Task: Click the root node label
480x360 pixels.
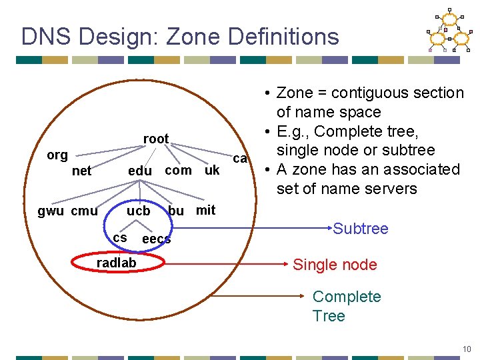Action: click(x=156, y=139)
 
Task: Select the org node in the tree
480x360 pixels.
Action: click(x=57, y=155)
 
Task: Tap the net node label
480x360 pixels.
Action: click(x=81, y=171)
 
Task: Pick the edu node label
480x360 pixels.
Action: click(x=139, y=171)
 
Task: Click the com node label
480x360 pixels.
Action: click(x=178, y=170)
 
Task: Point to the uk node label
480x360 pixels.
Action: click(x=212, y=170)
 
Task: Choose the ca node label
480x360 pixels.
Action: click(x=240, y=159)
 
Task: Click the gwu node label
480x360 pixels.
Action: click(x=51, y=211)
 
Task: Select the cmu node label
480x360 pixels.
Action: click(x=84, y=211)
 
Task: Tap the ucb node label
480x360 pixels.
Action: click(x=139, y=211)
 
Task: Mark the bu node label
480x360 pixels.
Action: click(x=176, y=211)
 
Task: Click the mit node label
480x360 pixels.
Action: click(x=205, y=210)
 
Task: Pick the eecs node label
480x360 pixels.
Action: click(x=157, y=239)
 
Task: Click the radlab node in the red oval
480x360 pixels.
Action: click(x=116, y=263)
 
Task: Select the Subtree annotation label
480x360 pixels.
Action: click(x=360, y=229)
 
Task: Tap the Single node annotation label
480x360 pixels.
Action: click(x=335, y=265)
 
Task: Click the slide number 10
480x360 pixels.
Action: click(x=467, y=349)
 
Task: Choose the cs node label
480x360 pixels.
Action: click(x=120, y=237)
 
